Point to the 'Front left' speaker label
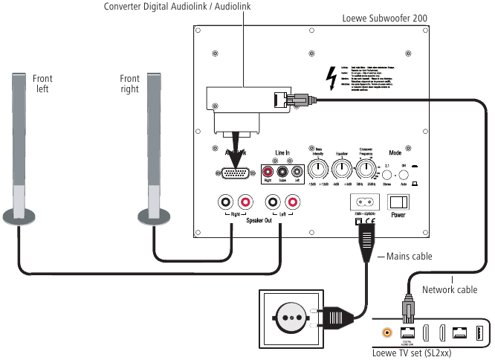point(42,83)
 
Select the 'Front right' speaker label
point(130,83)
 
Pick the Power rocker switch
point(399,202)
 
